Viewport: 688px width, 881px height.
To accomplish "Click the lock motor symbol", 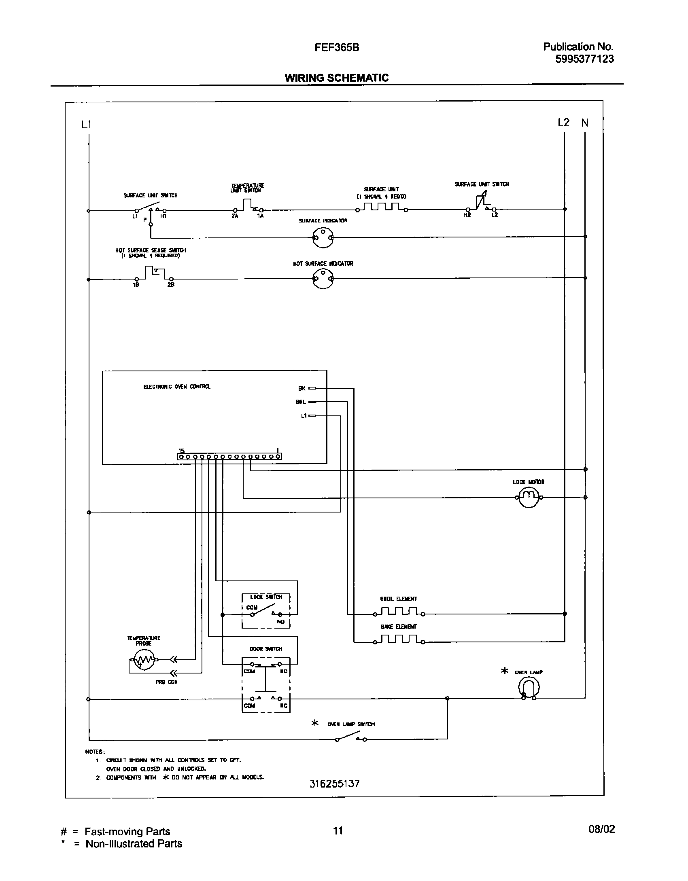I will click(x=528, y=497).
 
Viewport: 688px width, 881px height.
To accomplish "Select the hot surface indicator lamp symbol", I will click(x=323, y=278).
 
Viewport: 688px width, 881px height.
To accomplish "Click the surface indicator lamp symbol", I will click(x=323, y=237).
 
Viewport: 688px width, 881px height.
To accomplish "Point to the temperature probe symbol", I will click(x=144, y=660).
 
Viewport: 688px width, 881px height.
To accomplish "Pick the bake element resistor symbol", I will click(x=399, y=640).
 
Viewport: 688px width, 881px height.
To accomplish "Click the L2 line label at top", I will click(x=563, y=123).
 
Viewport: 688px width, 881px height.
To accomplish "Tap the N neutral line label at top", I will click(x=585, y=123).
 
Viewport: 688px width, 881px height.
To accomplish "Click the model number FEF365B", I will click(x=337, y=48).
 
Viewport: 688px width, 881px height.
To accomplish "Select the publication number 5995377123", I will click(x=584, y=59).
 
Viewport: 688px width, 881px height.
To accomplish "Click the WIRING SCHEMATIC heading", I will click(x=336, y=78).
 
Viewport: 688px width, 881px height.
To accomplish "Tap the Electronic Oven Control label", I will click(x=177, y=387).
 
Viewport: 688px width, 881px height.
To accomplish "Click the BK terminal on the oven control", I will click(x=312, y=388).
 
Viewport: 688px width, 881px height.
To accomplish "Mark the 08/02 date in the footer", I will click(x=601, y=829).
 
